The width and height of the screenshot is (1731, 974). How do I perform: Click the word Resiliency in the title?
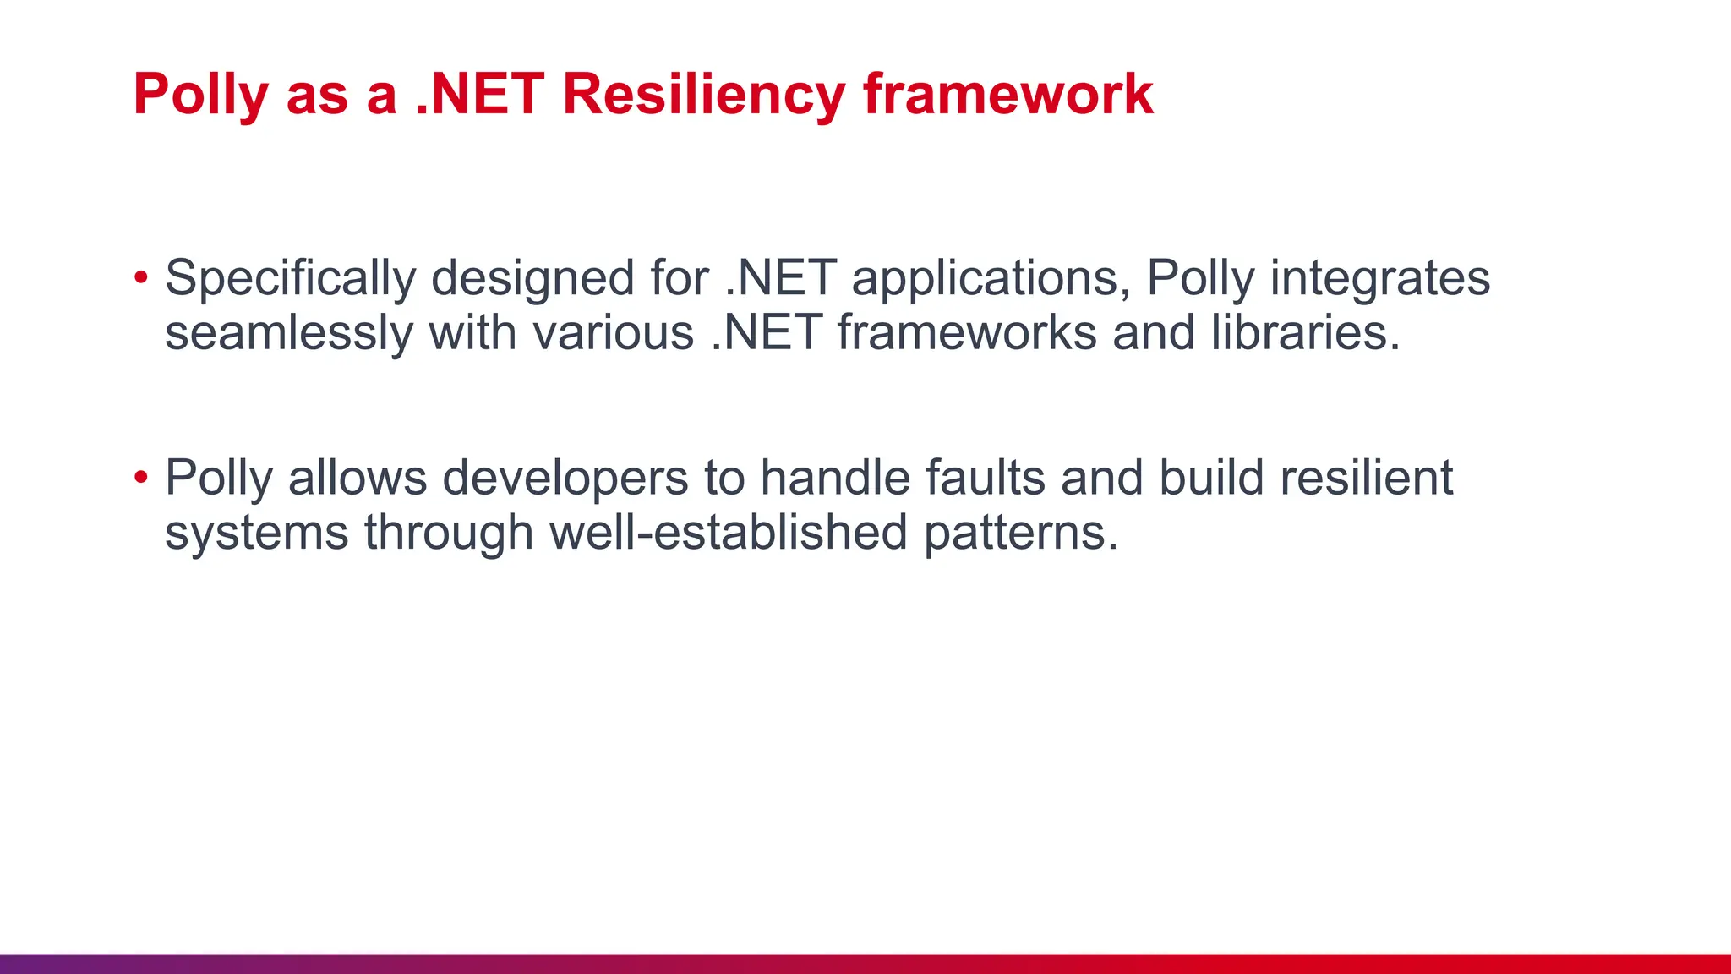pos(702,94)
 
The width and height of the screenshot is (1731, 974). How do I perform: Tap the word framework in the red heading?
pos(1007,94)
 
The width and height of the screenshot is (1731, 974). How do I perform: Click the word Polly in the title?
pos(200,94)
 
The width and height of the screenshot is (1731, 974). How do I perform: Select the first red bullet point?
pos(141,277)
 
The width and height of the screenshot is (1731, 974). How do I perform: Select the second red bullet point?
pos(141,478)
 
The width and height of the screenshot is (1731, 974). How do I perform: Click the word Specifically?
pos(290,278)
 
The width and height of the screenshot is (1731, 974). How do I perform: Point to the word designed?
pos(532,278)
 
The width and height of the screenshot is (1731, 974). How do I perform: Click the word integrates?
pos(1379,278)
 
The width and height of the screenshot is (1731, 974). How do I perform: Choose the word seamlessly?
pos(289,332)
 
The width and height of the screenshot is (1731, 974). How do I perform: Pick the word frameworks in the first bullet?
pos(967,332)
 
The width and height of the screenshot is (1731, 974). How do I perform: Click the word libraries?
pos(1305,332)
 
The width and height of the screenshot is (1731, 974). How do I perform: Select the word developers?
pos(565,478)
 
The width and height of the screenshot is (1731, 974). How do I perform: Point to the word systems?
pos(256,533)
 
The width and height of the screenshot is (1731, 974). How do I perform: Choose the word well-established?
pos(728,532)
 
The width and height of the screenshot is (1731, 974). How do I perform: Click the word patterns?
pos(1020,533)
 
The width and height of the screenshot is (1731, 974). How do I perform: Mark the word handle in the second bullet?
pos(835,478)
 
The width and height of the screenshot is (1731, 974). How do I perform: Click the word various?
pos(613,332)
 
